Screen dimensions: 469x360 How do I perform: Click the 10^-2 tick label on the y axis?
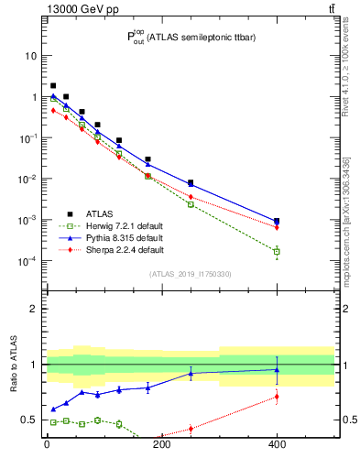tap(27, 179)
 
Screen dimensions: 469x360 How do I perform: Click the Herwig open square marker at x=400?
tap(277, 251)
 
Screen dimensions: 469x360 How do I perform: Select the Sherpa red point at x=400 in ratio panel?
tap(277, 397)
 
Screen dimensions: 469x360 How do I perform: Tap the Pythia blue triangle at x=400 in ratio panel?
tap(277, 370)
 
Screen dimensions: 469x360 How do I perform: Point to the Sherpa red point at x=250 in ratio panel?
tap(191, 428)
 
